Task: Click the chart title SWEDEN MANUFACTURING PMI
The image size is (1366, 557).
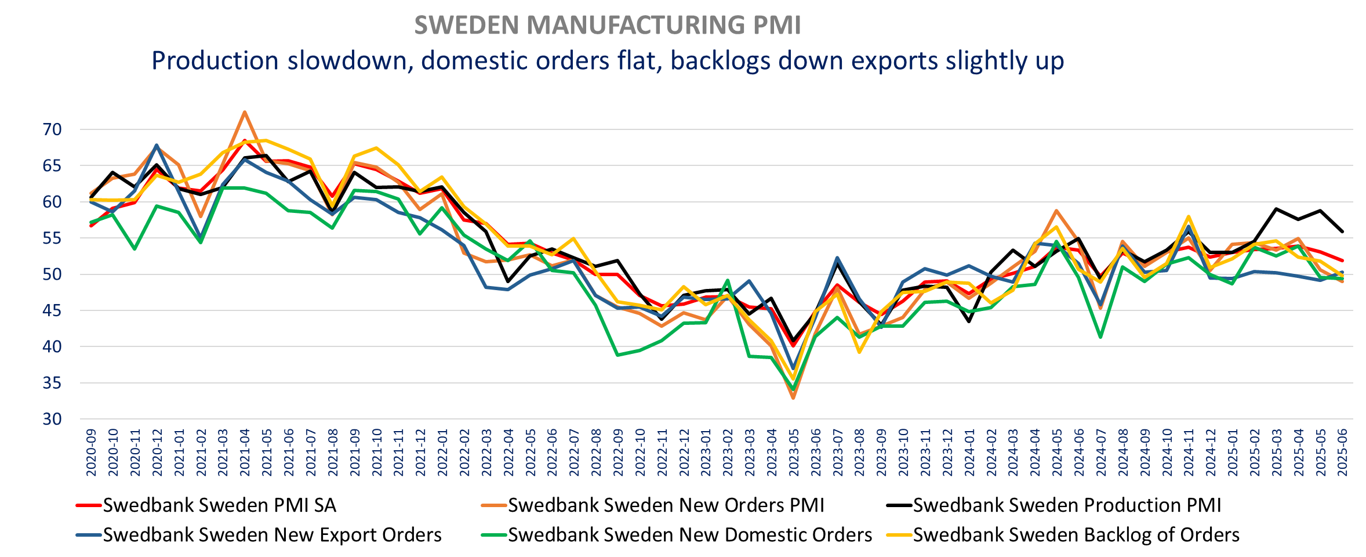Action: (x=607, y=26)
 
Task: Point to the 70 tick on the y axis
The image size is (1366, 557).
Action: (x=52, y=129)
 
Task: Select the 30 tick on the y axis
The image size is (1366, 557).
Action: (x=52, y=419)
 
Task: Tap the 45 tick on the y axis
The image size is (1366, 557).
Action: (x=52, y=310)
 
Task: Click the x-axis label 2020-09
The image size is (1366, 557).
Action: (x=92, y=453)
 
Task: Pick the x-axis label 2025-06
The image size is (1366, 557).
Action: (x=1342, y=453)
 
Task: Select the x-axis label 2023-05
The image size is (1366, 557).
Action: (x=793, y=453)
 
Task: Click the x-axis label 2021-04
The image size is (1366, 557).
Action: (x=245, y=453)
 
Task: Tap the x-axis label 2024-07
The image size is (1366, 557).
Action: (x=1100, y=453)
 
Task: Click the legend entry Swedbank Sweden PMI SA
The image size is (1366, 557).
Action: (x=219, y=505)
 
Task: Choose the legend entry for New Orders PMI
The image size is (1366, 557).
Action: (x=666, y=505)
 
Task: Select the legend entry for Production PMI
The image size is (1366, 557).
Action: (x=1067, y=505)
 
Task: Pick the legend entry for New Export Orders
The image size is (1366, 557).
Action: (x=272, y=535)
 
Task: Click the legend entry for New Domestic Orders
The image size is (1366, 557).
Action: (x=689, y=535)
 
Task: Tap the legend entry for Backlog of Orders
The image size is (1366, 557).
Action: (x=1076, y=535)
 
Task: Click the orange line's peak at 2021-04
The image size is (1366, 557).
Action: (x=245, y=112)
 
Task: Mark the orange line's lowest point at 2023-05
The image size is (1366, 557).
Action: (x=793, y=398)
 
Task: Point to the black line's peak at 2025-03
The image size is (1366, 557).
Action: (x=1276, y=209)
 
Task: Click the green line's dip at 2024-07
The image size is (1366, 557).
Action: (x=1100, y=337)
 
